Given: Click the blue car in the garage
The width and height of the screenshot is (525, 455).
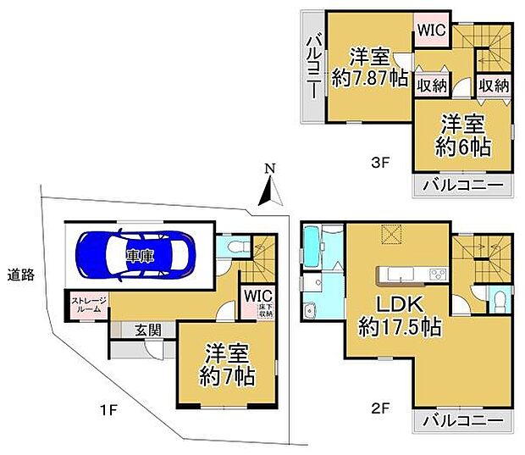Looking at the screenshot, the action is click(135, 255).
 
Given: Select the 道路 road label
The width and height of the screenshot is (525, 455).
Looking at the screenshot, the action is click(21, 275).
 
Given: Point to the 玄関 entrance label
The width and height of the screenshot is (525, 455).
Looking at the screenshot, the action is click(148, 330).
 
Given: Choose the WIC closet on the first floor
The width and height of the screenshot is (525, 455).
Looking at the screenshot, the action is click(257, 302).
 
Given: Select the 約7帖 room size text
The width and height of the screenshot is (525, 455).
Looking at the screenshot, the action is click(227, 376).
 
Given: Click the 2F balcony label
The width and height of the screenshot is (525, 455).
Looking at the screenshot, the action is click(463, 420).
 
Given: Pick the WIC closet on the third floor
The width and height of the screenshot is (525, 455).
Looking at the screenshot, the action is click(432, 31).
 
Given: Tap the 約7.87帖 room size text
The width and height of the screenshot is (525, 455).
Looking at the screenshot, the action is click(370, 78).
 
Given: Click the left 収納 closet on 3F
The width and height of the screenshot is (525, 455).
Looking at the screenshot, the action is click(432, 86).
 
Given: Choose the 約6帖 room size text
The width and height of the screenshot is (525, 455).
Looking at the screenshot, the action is click(463, 147).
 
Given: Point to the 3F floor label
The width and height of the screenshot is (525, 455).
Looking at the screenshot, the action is click(380, 164).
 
